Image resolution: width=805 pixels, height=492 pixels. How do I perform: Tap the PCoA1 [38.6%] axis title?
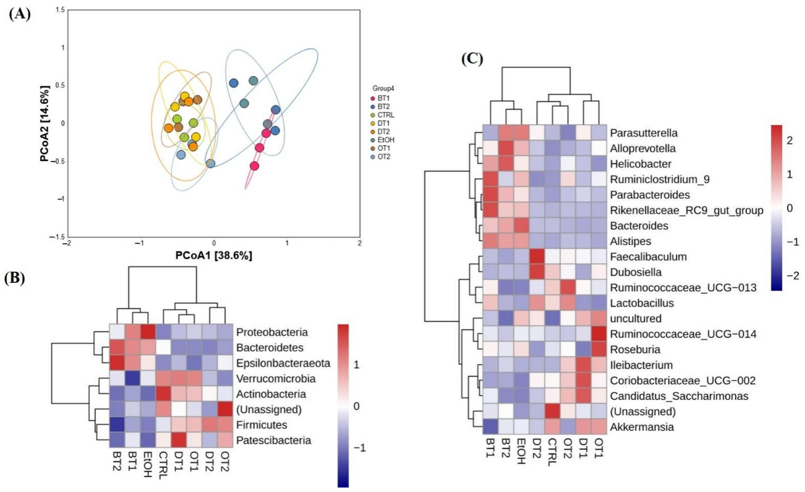click(x=214, y=255)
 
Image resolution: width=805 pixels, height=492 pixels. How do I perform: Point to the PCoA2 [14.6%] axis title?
click(x=45, y=123)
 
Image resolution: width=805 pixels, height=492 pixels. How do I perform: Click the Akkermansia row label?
click(x=642, y=427)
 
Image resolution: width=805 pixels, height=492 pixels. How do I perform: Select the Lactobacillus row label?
click(x=642, y=303)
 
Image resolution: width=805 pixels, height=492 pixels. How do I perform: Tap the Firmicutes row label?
click(x=261, y=425)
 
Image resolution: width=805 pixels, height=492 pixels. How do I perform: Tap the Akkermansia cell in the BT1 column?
click(x=491, y=427)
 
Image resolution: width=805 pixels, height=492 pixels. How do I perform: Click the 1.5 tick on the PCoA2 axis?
click(x=60, y=10)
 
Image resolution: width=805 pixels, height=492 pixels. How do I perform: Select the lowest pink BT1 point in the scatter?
click(x=254, y=166)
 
